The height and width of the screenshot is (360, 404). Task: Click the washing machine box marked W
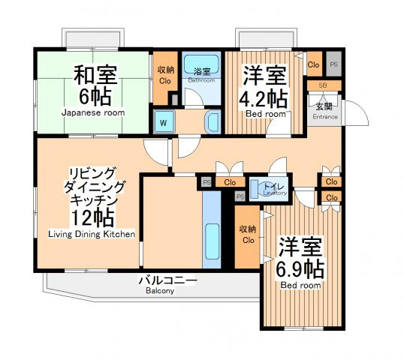(164, 122)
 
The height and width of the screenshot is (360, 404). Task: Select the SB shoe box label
(323, 85)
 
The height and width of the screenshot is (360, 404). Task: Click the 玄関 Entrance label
(324, 111)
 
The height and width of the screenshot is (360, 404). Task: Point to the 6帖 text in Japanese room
(95, 97)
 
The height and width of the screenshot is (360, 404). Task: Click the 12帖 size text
(92, 217)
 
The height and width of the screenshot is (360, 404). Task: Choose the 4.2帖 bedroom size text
(263, 99)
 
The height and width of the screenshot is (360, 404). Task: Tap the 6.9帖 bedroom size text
(300, 269)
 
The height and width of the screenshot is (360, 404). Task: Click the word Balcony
(160, 291)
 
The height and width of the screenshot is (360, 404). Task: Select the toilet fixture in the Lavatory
(263, 190)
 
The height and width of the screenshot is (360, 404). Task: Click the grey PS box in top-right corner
(334, 64)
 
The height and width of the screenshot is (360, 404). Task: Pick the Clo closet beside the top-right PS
(314, 64)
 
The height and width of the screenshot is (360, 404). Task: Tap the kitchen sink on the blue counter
(213, 241)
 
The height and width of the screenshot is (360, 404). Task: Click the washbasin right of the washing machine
(213, 122)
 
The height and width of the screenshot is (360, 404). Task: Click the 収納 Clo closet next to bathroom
(165, 75)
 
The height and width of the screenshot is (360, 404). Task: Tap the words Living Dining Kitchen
(92, 234)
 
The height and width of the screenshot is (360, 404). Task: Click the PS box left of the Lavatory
(240, 196)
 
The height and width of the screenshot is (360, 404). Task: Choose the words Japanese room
(93, 112)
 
